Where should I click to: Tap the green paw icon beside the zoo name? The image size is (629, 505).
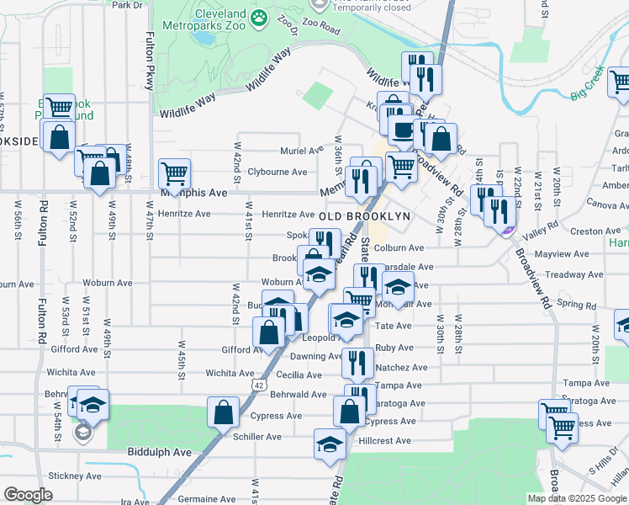261,16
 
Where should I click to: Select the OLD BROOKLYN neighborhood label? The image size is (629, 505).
366,215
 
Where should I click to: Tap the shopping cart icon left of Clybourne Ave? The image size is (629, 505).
174,173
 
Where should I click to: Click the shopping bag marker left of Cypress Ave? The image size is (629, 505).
223,413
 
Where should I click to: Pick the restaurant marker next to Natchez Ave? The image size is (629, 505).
357,363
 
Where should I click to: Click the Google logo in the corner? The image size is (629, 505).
28,495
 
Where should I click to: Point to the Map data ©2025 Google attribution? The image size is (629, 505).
577,498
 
